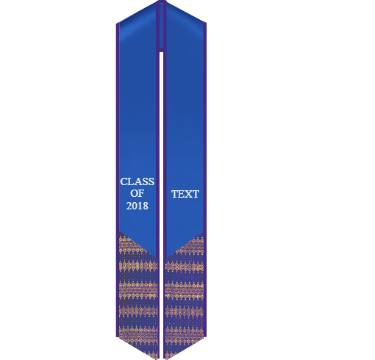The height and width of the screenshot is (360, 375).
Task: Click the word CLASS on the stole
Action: (x=137, y=181)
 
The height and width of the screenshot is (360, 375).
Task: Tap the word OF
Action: (x=137, y=193)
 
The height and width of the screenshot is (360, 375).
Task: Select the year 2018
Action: (x=137, y=206)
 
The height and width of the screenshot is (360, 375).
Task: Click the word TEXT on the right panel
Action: (x=185, y=194)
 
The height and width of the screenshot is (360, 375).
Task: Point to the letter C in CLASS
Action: (x=124, y=181)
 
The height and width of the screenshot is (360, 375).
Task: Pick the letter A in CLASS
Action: (x=137, y=181)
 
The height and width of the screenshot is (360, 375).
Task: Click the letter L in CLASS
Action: (x=130, y=181)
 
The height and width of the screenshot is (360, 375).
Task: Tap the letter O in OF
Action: (x=134, y=193)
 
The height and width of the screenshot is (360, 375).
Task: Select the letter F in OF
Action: (x=141, y=193)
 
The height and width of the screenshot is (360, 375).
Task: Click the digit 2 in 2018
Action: (x=129, y=206)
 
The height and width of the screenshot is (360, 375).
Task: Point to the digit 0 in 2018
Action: (x=135, y=206)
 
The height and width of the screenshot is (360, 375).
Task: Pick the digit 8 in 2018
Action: (x=146, y=206)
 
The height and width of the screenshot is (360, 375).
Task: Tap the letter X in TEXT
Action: (x=188, y=194)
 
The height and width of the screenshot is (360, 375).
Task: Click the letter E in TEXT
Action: (x=182, y=194)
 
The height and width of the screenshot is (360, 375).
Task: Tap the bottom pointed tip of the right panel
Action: (x=165, y=359)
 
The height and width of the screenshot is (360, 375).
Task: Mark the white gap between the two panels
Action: (x=161, y=206)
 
